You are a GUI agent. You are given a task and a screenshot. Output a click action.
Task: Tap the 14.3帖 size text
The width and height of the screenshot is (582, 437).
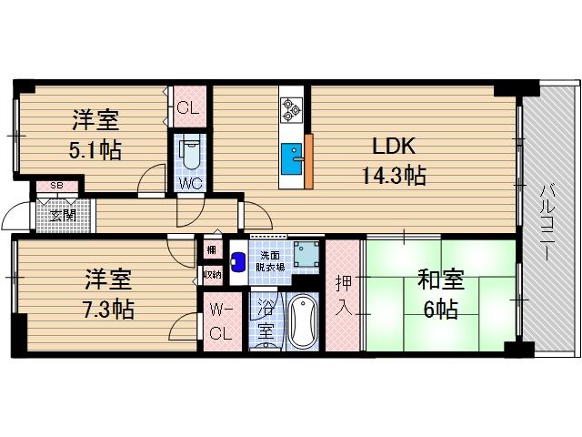[x=392, y=176]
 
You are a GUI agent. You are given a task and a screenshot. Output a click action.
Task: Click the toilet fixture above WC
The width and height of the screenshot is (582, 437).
[x=189, y=153]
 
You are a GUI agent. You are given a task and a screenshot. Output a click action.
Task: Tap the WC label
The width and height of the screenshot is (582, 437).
[x=189, y=181]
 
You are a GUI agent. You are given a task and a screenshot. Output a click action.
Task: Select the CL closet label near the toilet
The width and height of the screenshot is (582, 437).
[x=188, y=108]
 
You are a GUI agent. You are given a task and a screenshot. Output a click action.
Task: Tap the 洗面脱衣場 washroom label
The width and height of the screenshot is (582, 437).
[x=269, y=260]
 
